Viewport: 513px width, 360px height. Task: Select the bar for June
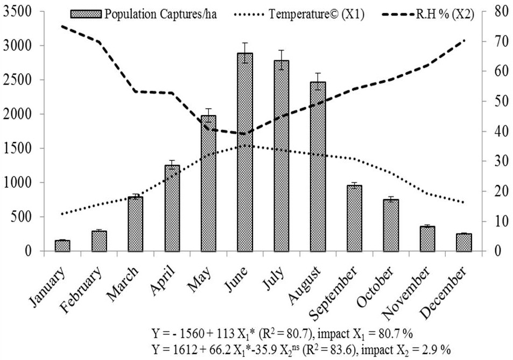coord(245,152)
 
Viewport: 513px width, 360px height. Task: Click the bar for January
coord(62,245)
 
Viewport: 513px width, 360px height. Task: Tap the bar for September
coord(354,218)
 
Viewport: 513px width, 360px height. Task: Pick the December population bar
coord(464,242)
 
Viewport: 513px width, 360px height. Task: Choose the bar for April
coord(172,208)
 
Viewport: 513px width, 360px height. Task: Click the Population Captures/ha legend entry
coord(143,15)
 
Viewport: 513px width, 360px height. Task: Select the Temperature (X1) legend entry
coord(299,15)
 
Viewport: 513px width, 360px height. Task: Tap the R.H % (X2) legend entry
coord(428,15)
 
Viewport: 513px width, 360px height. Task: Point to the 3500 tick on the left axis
coord(22,11)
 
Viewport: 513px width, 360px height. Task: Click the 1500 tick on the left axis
coord(22,148)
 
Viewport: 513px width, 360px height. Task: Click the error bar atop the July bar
coord(282,60)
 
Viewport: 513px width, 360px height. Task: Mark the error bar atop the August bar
coord(318,81)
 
